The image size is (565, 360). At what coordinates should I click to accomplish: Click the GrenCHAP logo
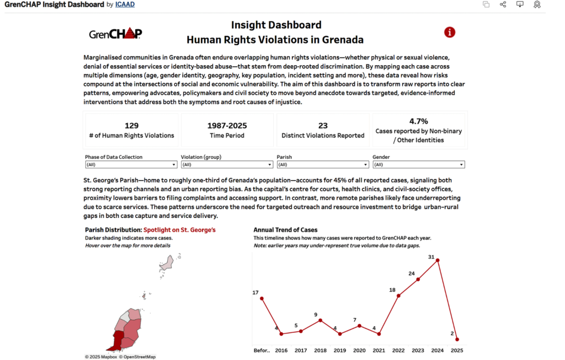click(x=115, y=34)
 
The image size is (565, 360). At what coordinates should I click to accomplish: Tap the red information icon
click(x=450, y=32)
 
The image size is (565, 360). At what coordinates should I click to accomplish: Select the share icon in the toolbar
click(x=503, y=4)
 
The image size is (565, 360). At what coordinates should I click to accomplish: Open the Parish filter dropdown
click(x=322, y=164)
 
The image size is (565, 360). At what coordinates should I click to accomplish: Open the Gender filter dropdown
click(x=418, y=164)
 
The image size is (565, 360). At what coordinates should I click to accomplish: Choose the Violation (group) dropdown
click(x=226, y=164)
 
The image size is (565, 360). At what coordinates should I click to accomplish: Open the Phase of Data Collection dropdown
click(x=130, y=164)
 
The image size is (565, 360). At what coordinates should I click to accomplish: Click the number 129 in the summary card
click(x=131, y=126)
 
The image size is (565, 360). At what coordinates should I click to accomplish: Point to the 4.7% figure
click(x=419, y=121)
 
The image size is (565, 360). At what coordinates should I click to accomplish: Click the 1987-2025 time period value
click(x=227, y=126)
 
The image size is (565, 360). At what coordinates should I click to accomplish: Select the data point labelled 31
click(x=438, y=260)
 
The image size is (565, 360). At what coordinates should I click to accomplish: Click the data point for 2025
click(x=457, y=340)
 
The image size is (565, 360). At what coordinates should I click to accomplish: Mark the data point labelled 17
click(x=262, y=298)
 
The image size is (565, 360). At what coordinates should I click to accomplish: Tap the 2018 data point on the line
click(x=320, y=320)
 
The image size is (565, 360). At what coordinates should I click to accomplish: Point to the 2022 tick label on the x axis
click(x=399, y=350)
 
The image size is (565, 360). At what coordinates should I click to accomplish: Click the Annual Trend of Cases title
click(x=285, y=229)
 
